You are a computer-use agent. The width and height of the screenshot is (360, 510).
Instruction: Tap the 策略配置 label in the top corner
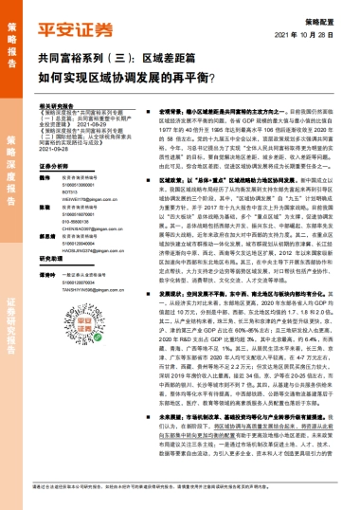click(x=331, y=18)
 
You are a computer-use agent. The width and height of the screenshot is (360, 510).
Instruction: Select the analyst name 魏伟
click(x=47, y=176)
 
